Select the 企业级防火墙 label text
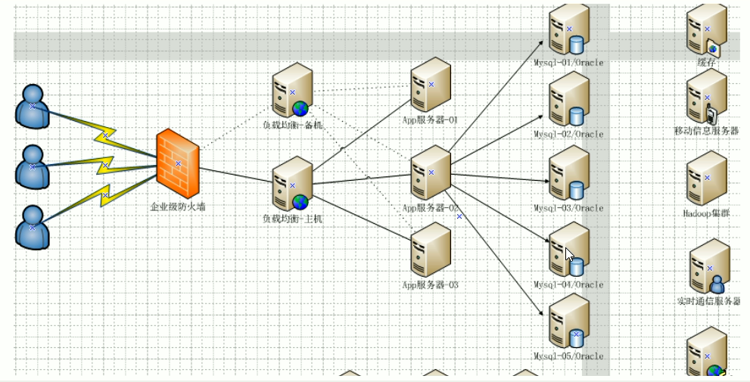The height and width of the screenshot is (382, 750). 178,205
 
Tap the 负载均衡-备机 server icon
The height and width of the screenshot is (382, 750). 292,92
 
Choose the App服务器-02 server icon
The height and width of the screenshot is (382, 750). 431,173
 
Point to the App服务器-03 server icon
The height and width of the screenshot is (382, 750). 431,250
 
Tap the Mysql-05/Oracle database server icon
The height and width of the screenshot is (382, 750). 569,321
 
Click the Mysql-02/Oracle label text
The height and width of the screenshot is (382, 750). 568,135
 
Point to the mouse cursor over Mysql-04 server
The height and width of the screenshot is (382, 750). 569,254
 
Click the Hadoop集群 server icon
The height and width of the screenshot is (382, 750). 707,179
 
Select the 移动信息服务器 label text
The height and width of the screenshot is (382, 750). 706,131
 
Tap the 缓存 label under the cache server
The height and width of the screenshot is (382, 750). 706,63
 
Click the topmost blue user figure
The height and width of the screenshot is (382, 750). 32,107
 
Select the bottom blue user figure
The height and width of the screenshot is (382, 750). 32,226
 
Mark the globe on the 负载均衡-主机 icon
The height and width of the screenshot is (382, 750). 300,202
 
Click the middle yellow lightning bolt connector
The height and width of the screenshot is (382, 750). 104,166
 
